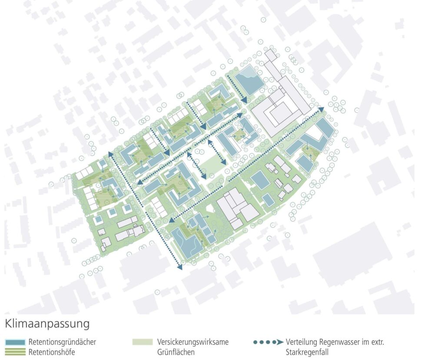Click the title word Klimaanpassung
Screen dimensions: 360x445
(47, 324)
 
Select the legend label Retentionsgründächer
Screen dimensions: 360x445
(62, 342)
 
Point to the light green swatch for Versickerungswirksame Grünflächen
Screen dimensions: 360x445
(143, 342)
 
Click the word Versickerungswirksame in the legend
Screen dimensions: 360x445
(193, 342)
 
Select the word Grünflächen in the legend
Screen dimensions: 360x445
(176, 352)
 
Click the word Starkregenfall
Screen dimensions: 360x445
(308, 352)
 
